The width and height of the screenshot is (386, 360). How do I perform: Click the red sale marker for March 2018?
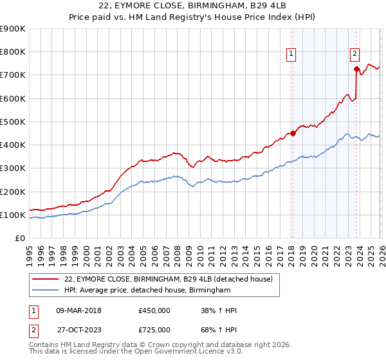[293, 134]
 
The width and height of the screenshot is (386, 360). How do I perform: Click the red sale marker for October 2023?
[356, 69]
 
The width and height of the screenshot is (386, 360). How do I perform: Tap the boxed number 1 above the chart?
[291, 55]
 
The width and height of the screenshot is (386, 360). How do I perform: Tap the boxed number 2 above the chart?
[354, 55]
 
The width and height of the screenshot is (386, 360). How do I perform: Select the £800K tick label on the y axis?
[13, 52]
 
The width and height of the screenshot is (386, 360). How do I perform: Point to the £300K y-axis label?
[13, 168]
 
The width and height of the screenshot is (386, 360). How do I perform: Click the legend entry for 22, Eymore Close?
[169, 279]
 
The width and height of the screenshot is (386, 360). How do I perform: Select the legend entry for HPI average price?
[147, 291]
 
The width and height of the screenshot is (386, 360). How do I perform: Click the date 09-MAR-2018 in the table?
[78, 310]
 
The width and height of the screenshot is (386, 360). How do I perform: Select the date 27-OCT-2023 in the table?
[78, 330]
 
